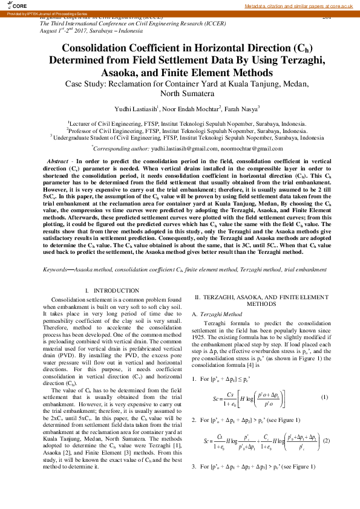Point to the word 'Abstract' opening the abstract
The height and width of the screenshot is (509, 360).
pos(57,161)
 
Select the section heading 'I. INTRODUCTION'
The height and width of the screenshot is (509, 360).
pos(109,291)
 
